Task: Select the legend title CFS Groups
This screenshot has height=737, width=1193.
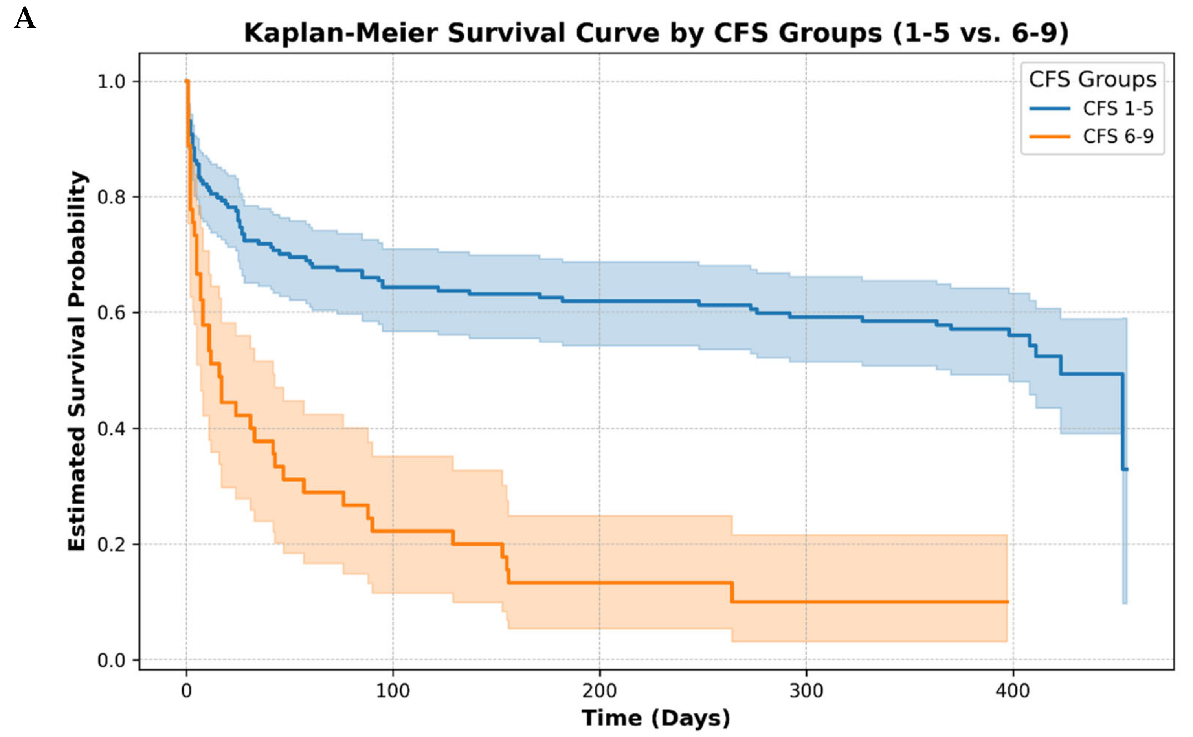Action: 1092,79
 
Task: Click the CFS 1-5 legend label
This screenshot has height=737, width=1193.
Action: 1118,108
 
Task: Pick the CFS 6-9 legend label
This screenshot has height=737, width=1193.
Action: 1118,136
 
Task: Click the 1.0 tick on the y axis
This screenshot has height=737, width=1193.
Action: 112,81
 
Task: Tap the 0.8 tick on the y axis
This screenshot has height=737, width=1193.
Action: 112,197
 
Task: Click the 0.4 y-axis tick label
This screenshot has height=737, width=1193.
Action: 112,429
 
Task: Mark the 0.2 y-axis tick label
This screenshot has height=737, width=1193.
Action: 112,544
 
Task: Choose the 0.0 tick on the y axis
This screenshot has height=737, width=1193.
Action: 112,660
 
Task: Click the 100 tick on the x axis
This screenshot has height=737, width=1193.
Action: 393,691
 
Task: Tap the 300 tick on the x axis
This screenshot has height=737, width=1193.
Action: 806,691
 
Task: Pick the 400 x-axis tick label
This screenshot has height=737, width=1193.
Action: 1013,691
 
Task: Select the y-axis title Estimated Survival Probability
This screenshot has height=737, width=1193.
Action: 77,361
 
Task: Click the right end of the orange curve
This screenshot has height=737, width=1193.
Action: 1007,602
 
